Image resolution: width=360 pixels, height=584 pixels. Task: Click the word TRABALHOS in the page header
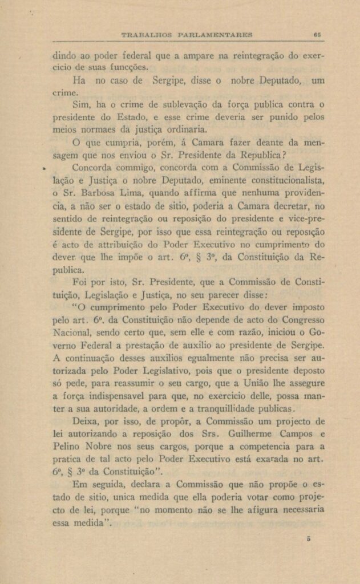(147, 35)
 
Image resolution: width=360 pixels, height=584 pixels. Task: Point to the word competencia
(260, 447)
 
